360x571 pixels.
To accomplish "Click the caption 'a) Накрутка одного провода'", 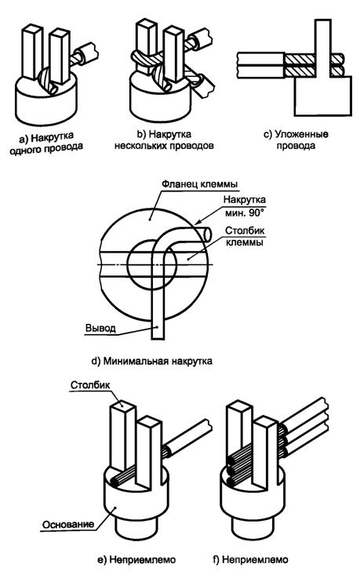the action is pos(46,143).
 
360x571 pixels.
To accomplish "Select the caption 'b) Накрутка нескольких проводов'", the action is pos(164,140).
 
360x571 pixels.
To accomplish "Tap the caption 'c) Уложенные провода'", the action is pos(296,140).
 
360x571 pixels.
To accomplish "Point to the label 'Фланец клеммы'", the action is pos(199,184).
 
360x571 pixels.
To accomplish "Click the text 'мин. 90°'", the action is pos(244,213).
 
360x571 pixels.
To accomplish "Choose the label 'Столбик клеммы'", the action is pos(245,236).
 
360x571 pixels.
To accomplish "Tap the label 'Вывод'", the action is pos(100,328).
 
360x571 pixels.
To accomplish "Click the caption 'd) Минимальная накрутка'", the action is pos(152,362).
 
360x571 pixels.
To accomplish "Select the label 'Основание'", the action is pos(68,525).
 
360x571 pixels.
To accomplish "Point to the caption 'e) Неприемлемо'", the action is pos(136,559).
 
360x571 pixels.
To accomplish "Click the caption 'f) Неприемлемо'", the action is pos(250,559).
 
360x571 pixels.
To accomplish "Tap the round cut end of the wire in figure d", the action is pos(208,235).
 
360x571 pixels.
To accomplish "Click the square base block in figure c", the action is pos(323,96).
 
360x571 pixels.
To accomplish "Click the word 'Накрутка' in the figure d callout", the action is pos(244,199).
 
